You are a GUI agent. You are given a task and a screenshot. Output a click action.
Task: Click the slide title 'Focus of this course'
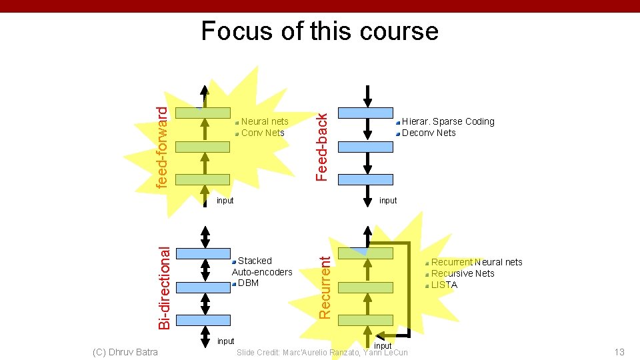coord(320,31)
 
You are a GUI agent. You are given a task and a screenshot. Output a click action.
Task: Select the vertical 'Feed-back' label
coord(322,146)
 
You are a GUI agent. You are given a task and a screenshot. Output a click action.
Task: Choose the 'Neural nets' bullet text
coord(265,121)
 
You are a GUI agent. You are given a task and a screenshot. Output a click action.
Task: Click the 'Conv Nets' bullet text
coord(263,133)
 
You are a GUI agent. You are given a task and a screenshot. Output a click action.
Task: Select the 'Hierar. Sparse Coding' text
coord(448,121)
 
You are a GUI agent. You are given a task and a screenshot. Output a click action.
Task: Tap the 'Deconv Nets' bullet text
coord(429,133)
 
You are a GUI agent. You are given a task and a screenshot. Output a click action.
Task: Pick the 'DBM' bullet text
coord(248,283)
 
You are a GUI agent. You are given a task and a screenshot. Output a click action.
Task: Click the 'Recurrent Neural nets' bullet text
coord(477,262)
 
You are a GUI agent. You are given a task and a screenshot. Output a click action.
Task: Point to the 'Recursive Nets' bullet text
coord(463,273)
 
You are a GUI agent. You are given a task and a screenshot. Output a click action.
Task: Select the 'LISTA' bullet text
coord(444,285)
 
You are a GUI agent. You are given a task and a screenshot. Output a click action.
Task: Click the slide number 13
coord(619,352)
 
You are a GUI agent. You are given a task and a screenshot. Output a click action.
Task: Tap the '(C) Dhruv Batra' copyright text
coord(125,352)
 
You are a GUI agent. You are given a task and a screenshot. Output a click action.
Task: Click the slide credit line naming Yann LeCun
coord(322,352)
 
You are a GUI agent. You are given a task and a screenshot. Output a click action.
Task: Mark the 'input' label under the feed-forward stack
coord(225,201)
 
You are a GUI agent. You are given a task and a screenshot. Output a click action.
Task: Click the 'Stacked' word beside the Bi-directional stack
coord(255,261)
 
